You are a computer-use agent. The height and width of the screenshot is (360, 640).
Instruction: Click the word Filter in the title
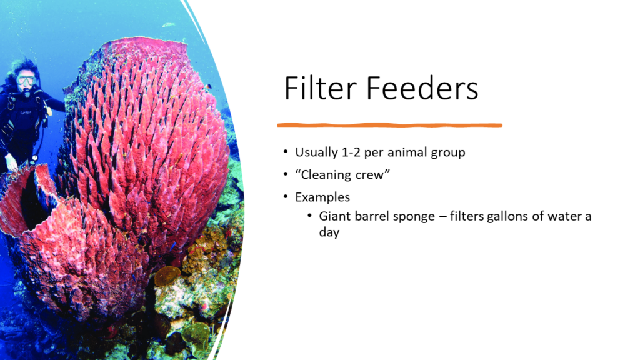point(320,89)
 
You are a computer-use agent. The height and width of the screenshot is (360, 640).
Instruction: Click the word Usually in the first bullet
point(318,153)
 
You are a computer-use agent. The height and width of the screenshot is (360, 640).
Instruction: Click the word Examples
point(322,197)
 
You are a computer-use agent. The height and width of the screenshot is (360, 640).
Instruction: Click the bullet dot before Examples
point(286,197)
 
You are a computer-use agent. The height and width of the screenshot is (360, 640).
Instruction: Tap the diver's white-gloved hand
point(11,162)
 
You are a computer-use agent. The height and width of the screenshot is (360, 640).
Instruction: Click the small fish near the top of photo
point(168,25)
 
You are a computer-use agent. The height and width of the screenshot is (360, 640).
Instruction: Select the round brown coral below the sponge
point(167,276)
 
